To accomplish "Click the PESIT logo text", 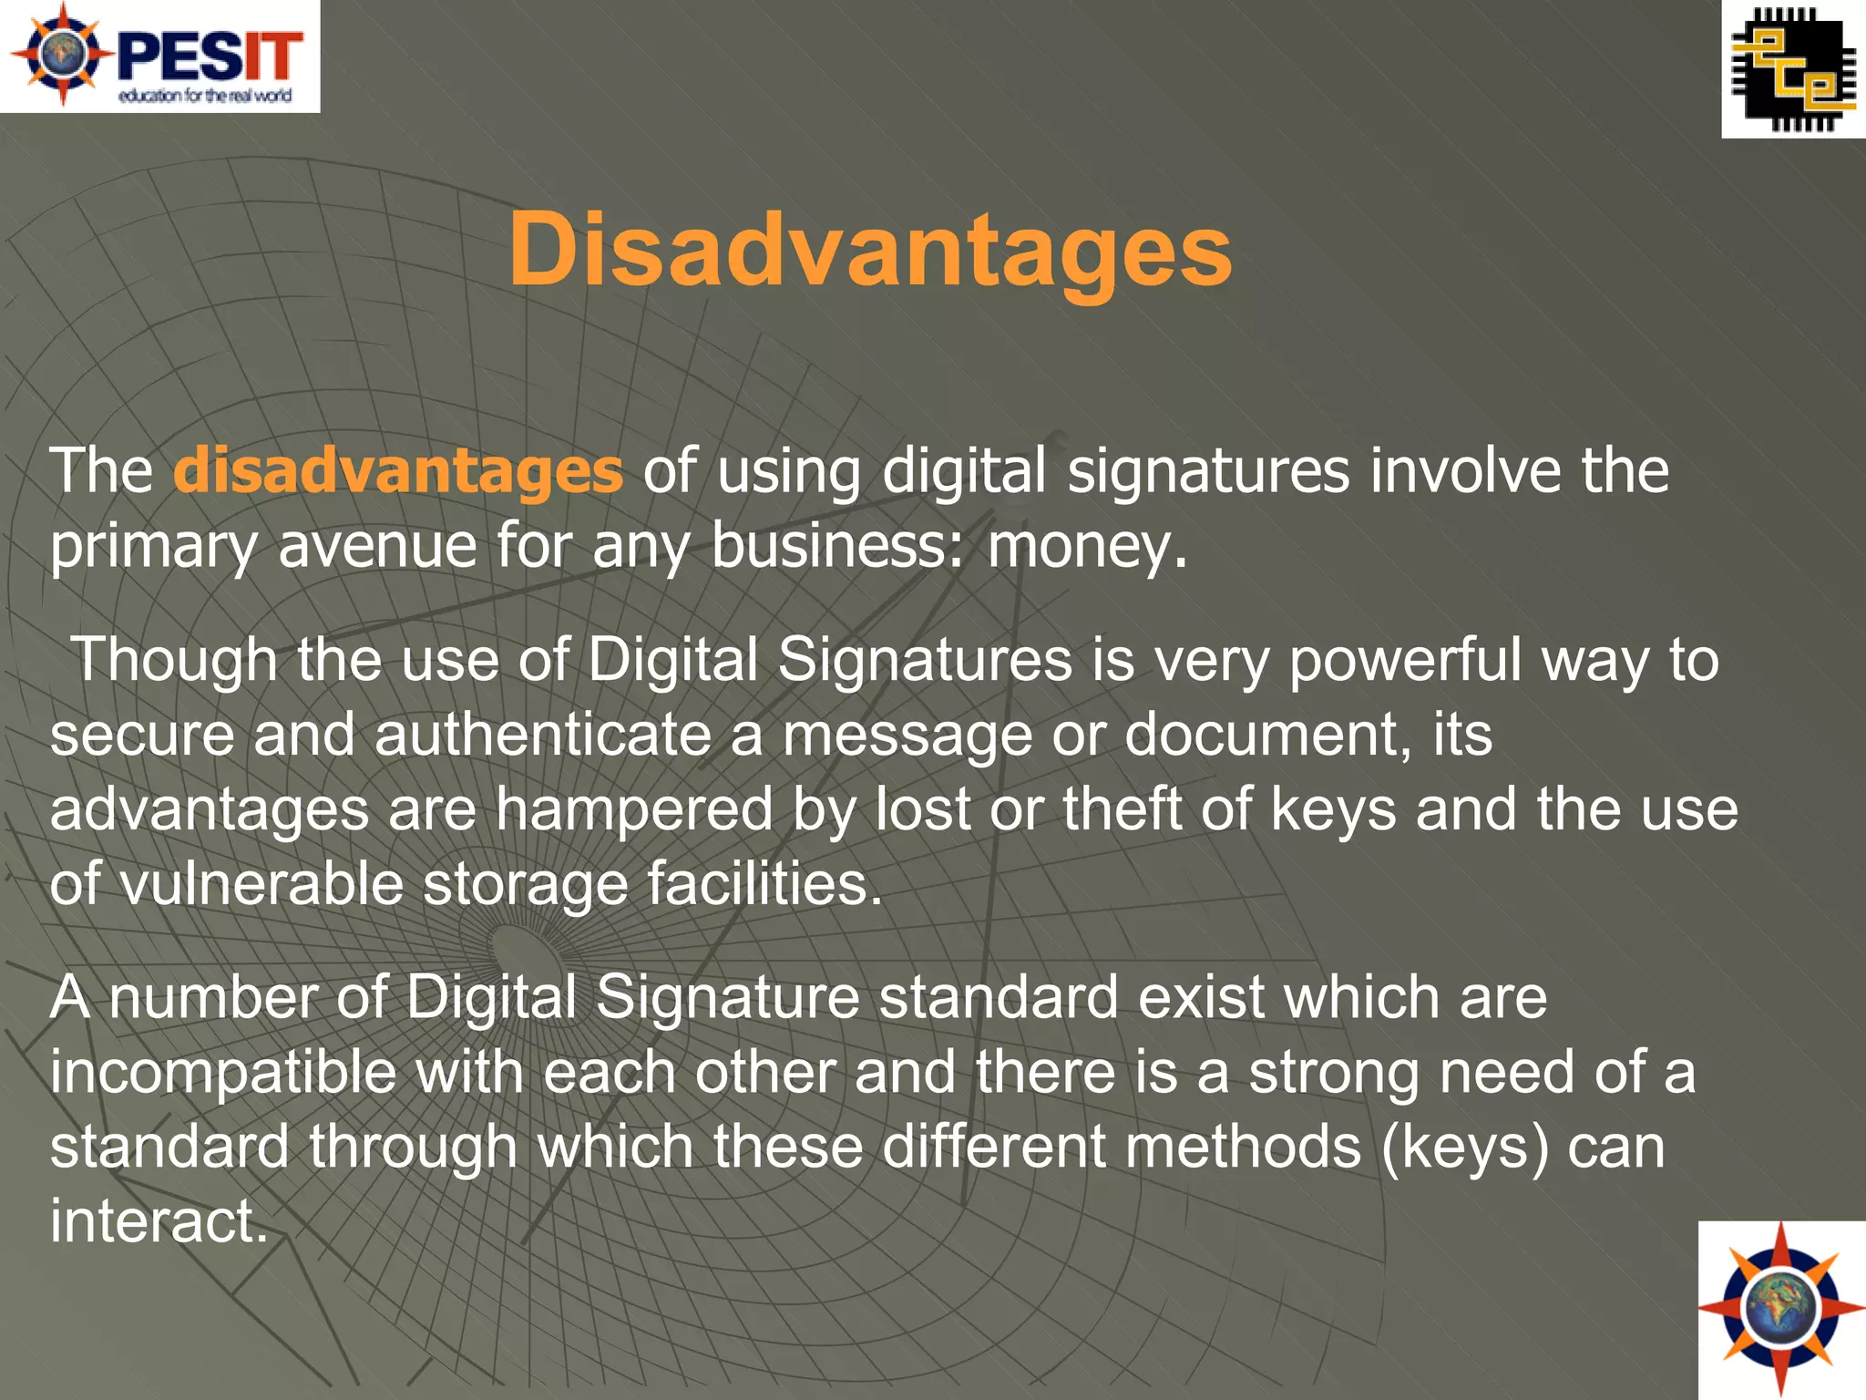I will click(x=210, y=57).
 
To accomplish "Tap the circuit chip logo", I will click(x=1793, y=69).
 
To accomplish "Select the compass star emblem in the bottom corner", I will click(x=1781, y=1310).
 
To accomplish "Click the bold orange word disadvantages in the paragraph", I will click(x=398, y=471).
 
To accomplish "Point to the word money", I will click(x=1088, y=546).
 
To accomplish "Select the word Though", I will click(x=174, y=659).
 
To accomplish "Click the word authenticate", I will click(x=543, y=735).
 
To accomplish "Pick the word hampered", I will click(x=634, y=809).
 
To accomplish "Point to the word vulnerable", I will click(x=261, y=884).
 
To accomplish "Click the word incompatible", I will click(x=223, y=1073).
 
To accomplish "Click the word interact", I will click(x=159, y=1221).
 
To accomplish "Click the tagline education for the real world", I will click(x=205, y=96).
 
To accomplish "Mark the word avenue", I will click(x=377, y=546).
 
